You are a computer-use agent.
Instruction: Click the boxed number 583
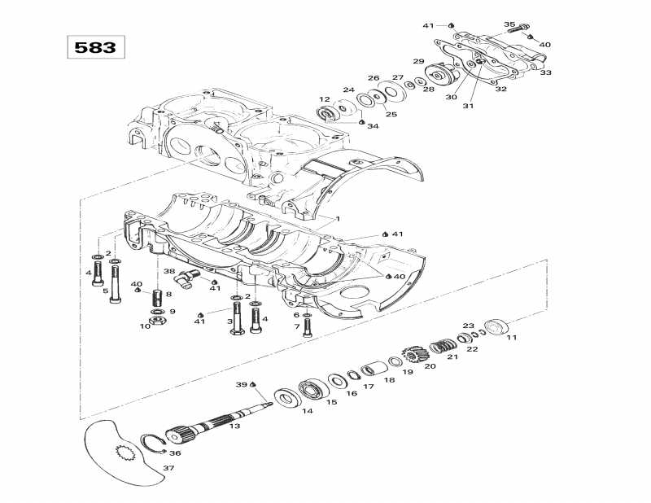(95, 47)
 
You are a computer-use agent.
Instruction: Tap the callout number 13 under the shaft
(234, 425)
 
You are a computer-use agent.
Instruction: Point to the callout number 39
(240, 384)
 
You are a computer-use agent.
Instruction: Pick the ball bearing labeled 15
(311, 388)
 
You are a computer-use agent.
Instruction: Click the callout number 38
(168, 271)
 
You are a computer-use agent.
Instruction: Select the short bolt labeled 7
(307, 326)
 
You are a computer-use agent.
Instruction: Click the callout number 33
(545, 72)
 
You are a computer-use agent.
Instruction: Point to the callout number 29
(418, 61)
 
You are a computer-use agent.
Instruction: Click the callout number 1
(338, 219)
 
